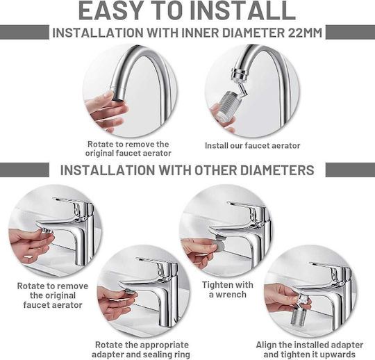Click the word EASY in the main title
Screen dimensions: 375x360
coord(111,10)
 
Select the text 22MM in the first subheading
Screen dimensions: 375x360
coord(305,33)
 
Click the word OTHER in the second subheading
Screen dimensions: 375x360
coord(216,170)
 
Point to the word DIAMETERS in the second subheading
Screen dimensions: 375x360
coord(277,170)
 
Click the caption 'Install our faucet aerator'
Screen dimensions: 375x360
coord(252,145)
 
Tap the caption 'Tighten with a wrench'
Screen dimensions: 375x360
coord(228,290)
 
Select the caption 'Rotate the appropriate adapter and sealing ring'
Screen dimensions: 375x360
coord(141,350)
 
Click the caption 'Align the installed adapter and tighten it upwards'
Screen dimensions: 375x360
coord(310,350)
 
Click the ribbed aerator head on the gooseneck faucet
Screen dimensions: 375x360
coord(228,105)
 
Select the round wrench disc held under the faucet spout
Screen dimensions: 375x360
coord(219,245)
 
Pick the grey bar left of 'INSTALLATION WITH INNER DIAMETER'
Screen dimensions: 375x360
coord(24,32)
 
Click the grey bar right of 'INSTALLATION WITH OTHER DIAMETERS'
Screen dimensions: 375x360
coord(350,170)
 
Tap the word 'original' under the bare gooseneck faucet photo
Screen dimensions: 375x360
coord(99,153)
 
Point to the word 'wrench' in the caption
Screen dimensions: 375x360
coord(231,295)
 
